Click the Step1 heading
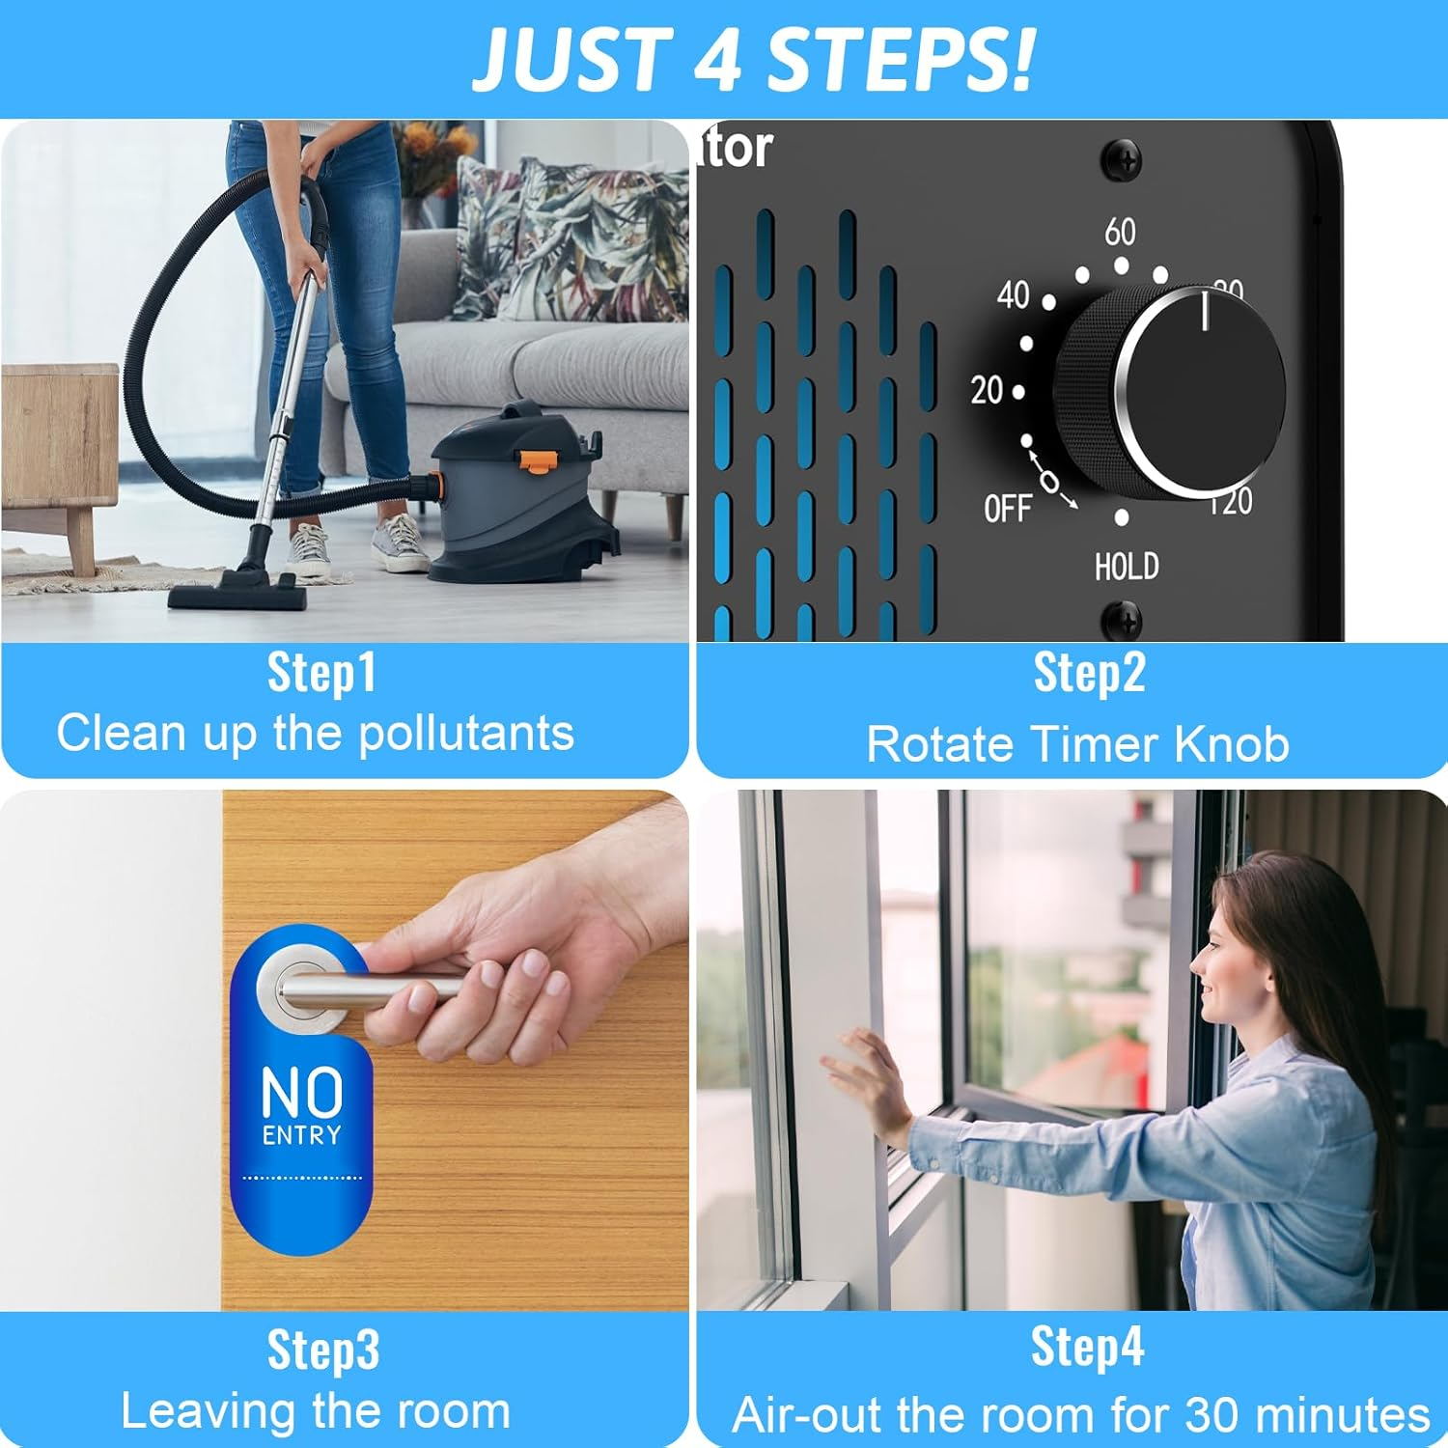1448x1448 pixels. tap(321, 673)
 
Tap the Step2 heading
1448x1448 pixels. tap(1089, 673)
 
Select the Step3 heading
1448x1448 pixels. tap(323, 1351)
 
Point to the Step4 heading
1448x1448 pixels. tap(1087, 1347)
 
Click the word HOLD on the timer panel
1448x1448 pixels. tap(1127, 567)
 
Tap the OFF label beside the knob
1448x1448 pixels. tap(1007, 508)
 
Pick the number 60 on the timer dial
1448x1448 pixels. tap(1120, 232)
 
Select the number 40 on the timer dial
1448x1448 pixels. tap(1013, 295)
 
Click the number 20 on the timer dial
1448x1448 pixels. tap(987, 390)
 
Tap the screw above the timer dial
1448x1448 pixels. tap(1122, 160)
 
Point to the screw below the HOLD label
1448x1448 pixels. tap(1123, 619)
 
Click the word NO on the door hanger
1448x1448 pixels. tap(301, 1093)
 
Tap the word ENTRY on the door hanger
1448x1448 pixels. tap(301, 1135)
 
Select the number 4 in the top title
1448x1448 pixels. tap(716, 60)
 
